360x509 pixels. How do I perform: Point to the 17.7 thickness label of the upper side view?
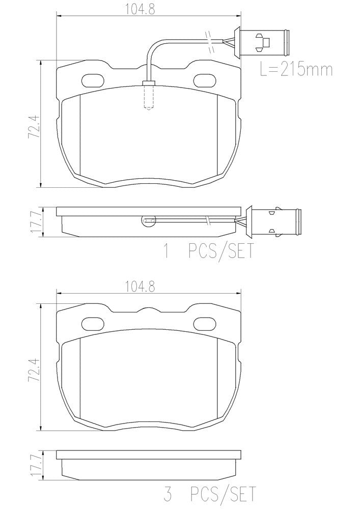(x=35, y=222)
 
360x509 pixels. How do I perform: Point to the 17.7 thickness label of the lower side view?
(x=35, y=465)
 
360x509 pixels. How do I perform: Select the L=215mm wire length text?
(x=296, y=69)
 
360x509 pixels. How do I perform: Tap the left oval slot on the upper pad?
(x=92, y=80)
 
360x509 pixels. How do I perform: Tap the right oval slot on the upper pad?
(x=205, y=80)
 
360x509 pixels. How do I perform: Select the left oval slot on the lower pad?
(x=92, y=323)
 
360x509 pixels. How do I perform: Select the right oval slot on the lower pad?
(x=205, y=323)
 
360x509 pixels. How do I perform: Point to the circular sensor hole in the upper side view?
(x=147, y=220)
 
